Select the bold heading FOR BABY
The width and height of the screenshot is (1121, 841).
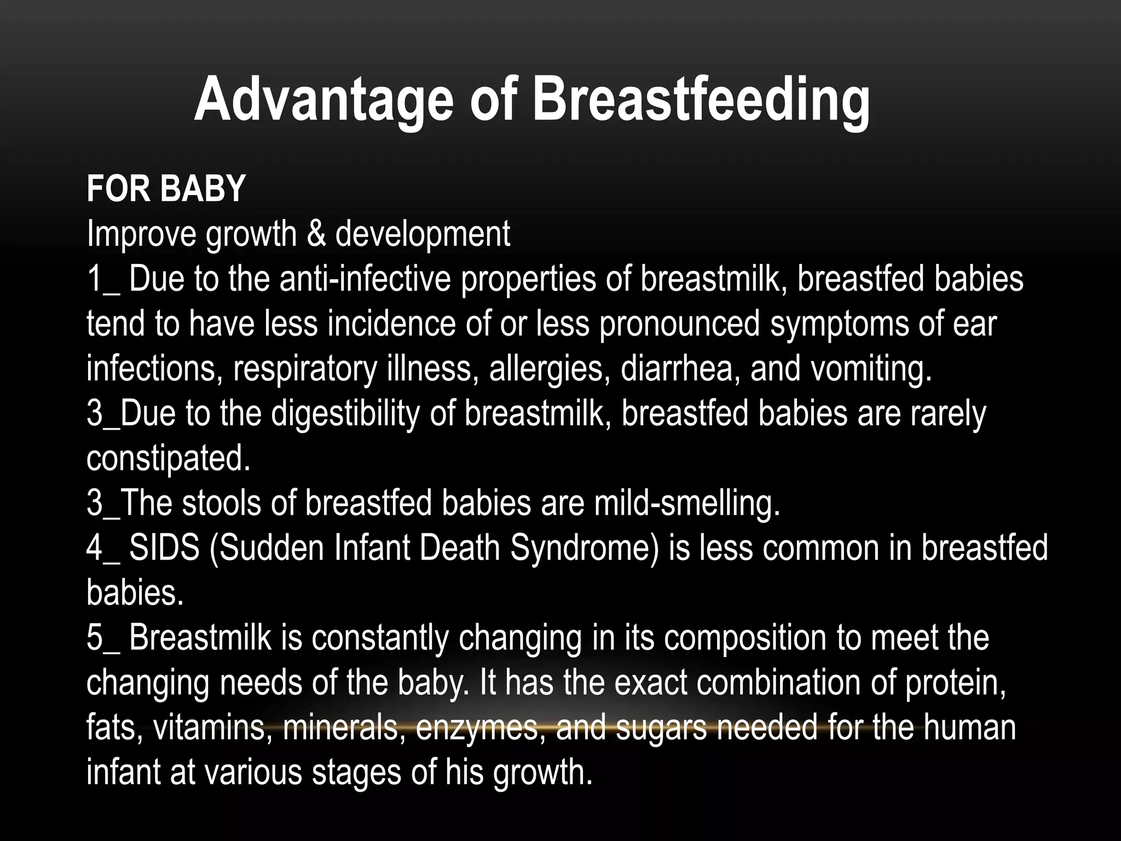[166, 189]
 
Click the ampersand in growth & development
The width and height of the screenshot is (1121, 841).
[315, 234]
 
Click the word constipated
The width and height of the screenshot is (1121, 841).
[168, 458]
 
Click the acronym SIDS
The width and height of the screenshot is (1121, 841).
[164, 548]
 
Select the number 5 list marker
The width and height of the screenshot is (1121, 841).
[94, 638]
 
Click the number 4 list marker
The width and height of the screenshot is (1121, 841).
[94, 548]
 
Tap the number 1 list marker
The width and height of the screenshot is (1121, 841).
[94, 279]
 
